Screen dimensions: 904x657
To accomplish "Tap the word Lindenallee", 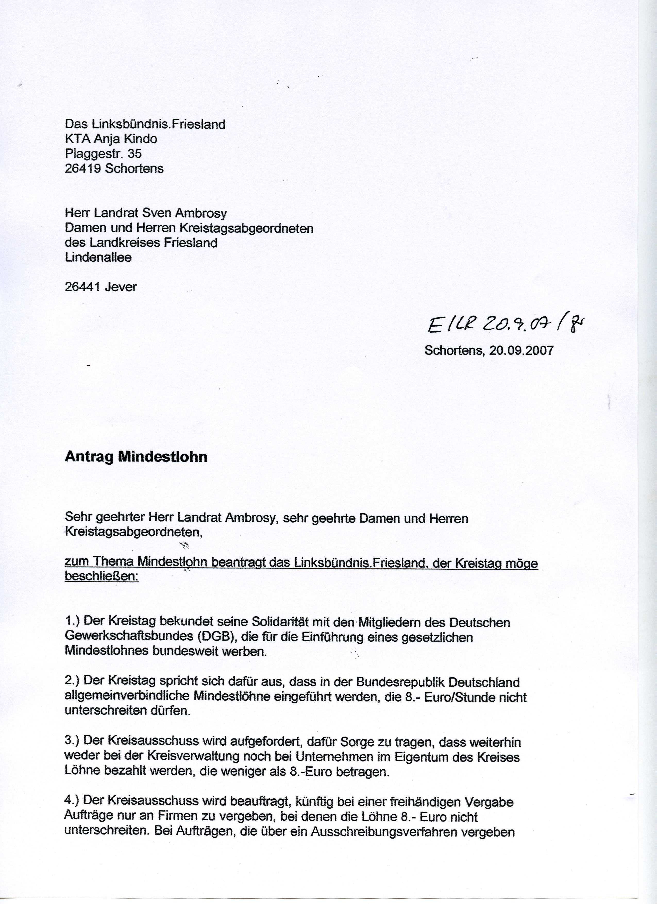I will pos(98,258).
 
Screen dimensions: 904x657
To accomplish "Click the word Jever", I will pos(121,287).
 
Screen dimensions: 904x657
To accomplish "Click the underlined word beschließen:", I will pos(102,577).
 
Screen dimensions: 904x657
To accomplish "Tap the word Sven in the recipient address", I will pos(157,213).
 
